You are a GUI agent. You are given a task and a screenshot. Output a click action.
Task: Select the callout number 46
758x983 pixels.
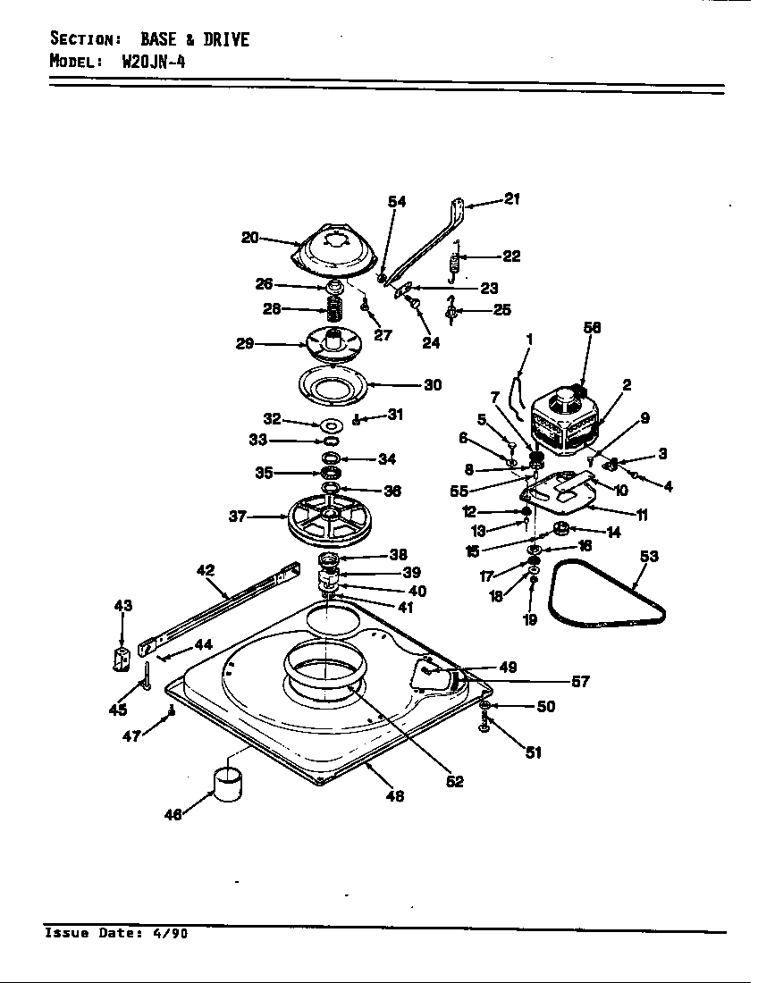[173, 814]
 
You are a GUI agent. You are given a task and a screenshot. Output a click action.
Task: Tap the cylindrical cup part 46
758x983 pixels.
[227, 784]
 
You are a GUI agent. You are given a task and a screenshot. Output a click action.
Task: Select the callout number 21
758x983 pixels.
[511, 199]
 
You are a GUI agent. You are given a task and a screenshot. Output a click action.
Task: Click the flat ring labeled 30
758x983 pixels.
[332, 385]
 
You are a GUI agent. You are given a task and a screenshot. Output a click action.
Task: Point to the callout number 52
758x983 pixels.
[455, 781]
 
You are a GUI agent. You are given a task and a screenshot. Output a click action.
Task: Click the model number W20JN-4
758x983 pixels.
[147, 62]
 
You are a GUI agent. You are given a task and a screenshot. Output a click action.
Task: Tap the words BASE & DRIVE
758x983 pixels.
[194, 39]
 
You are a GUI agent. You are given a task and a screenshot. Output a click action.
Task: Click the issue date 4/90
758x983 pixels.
[173, 934]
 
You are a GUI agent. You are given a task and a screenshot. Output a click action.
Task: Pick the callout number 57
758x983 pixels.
[580, 682]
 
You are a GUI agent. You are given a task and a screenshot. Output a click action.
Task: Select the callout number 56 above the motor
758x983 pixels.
[591, 328]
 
